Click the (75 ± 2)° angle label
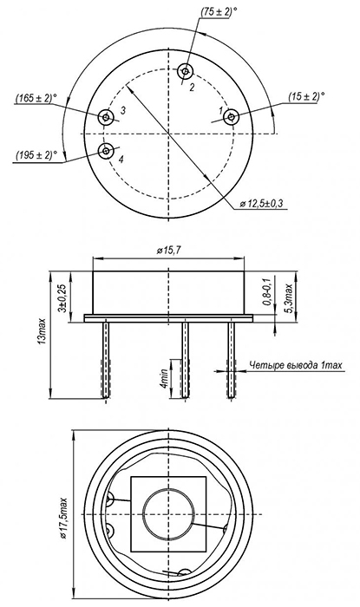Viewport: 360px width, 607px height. pyautogui.click(x=219, y=11)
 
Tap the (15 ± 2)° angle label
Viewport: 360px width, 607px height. pyautogui.click(x=306, y=96)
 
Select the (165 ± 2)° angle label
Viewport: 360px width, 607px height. pyautogui.click(x=34, y=98)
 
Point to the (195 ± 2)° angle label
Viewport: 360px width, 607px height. pyautogui.click(x=36, y=155)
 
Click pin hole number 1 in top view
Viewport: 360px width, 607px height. pyautogui.click(x=231, y=117)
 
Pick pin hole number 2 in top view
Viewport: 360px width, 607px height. pyautogui.click(x=186, y=71)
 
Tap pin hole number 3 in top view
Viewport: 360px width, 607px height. pyautogui.click(x=105, y=116)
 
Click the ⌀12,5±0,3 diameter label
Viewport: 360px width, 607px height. pyautogui.click(x=263, y=204)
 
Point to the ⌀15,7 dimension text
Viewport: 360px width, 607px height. pyautogui.click(x=169, y=251)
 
